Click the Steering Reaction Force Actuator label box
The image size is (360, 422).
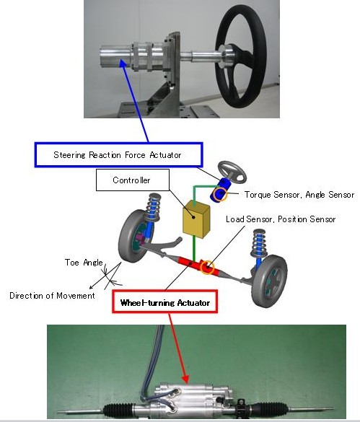tap(118, 155)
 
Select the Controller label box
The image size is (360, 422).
tap(133, 180)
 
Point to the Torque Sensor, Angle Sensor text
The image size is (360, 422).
tap(299, 195)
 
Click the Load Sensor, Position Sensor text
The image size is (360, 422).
tap(281, 219)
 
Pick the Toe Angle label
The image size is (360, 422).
tap(84, 263)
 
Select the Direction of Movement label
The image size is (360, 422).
tap(52, 296)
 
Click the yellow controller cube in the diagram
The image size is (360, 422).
tap(196, 219)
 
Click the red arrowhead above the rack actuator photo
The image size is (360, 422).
tap(185, 379)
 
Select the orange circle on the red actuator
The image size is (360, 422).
tap(207, 268)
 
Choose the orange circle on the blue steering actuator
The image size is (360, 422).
tap(220, 194)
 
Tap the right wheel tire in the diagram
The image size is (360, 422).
tap(269, 281)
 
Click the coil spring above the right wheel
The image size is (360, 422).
tap(258, 242)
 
